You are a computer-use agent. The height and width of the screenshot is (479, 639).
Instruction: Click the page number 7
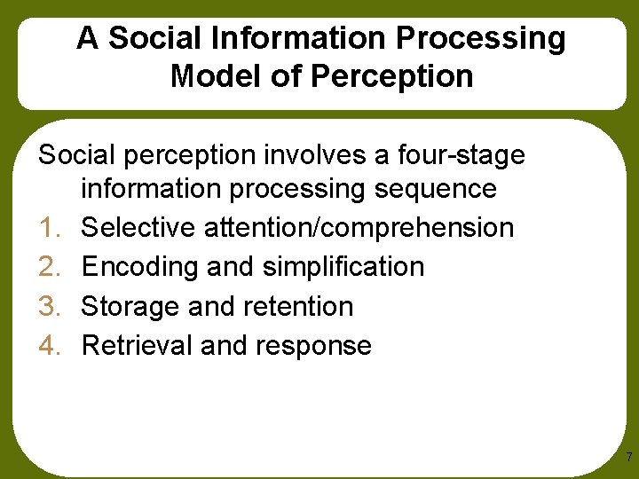628,458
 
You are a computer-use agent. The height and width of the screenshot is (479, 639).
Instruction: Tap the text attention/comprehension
359,228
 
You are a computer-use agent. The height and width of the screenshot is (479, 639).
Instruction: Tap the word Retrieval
137,346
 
